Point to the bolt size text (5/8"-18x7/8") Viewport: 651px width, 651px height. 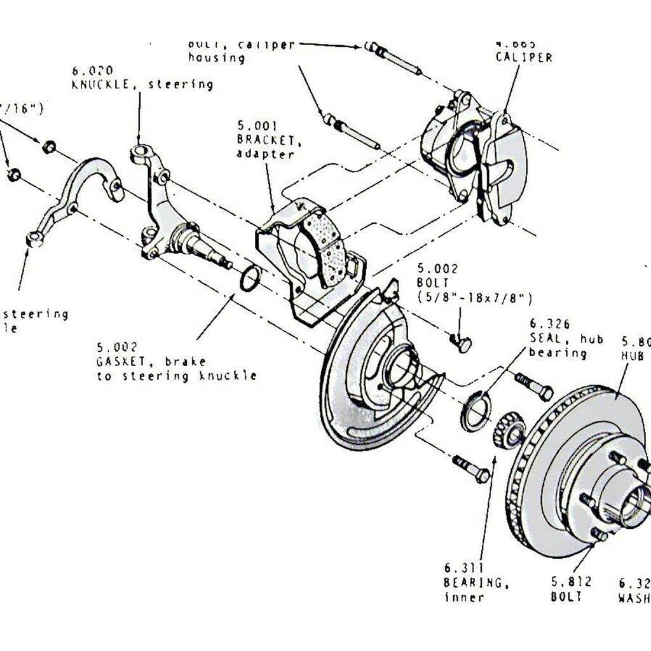475,298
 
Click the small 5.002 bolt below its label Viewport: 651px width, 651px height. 462,344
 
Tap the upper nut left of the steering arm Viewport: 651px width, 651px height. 48,147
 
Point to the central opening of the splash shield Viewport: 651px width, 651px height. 402,369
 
